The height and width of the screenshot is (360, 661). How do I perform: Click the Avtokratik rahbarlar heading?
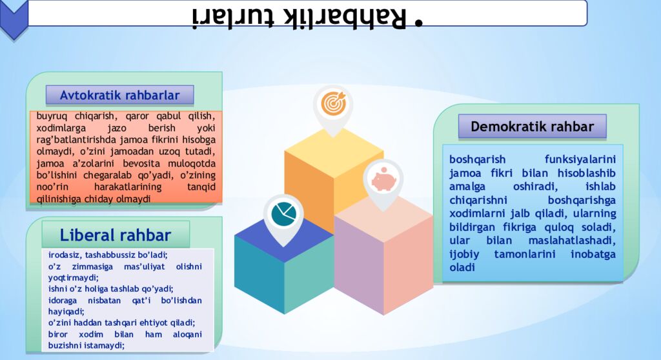click(119, 95)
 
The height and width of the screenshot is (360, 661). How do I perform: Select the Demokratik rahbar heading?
click(532, 126)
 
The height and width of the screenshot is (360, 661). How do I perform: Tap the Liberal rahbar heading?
click(116, 235)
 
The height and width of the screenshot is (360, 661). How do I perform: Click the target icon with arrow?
click(333, 103)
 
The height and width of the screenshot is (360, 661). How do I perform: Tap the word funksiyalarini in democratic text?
click(580, 159)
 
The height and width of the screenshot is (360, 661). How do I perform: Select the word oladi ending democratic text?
click(462, 268)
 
